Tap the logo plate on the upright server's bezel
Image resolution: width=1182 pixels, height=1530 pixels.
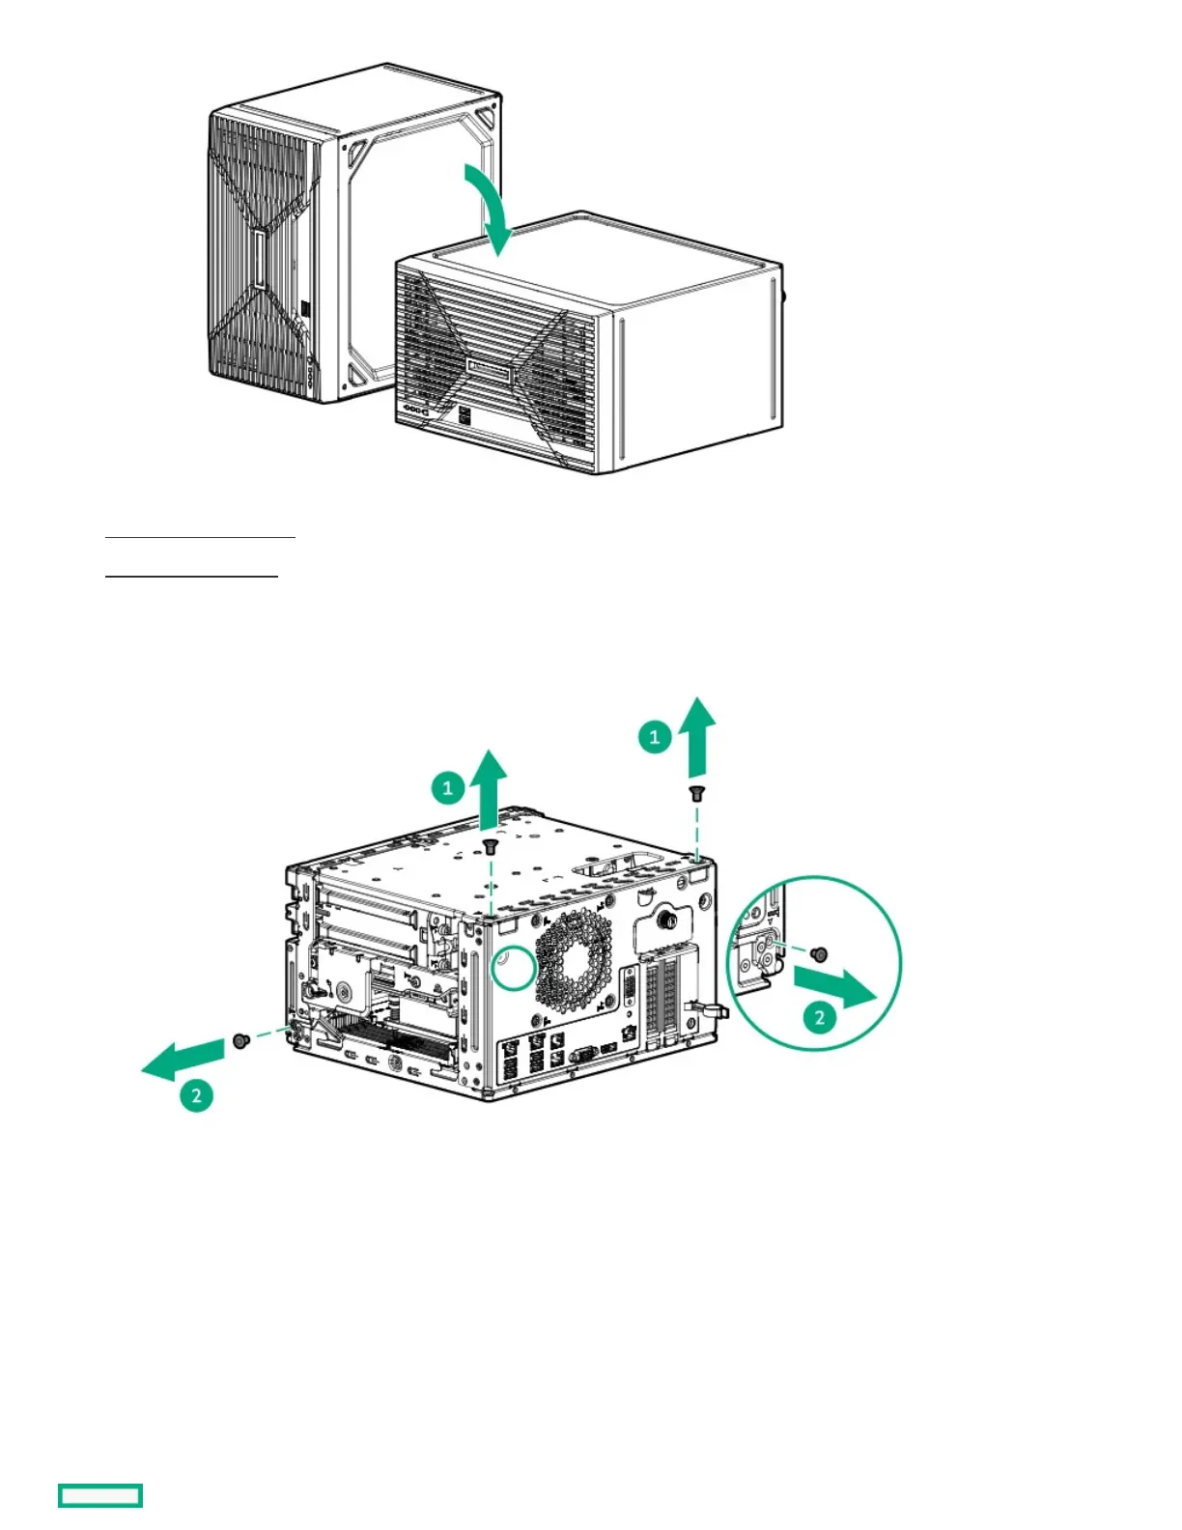coord(259,259)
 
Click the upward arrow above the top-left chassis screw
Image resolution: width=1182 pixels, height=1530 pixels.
coord(492,786)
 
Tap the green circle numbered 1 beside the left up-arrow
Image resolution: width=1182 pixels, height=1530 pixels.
coord(447,787)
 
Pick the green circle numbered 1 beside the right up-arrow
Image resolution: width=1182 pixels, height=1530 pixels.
coord(655,737)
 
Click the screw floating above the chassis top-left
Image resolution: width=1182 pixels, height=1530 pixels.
coord(491,847)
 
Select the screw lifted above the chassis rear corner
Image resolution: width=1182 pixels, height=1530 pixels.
coord(695,793)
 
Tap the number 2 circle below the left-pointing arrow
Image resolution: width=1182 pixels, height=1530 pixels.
coord(196,1094)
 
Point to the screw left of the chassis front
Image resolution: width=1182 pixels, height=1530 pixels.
coord(240,1040)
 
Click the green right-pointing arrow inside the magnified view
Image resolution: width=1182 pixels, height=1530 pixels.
coord(836,986)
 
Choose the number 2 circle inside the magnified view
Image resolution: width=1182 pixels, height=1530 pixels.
coord(820,1016)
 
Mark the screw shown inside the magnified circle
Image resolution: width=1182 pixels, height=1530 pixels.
coord(819,954)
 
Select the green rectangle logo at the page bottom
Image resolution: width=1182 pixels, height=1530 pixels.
coord(100,1495)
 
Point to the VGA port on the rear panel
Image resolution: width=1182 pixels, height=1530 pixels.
coord(584,1053)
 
